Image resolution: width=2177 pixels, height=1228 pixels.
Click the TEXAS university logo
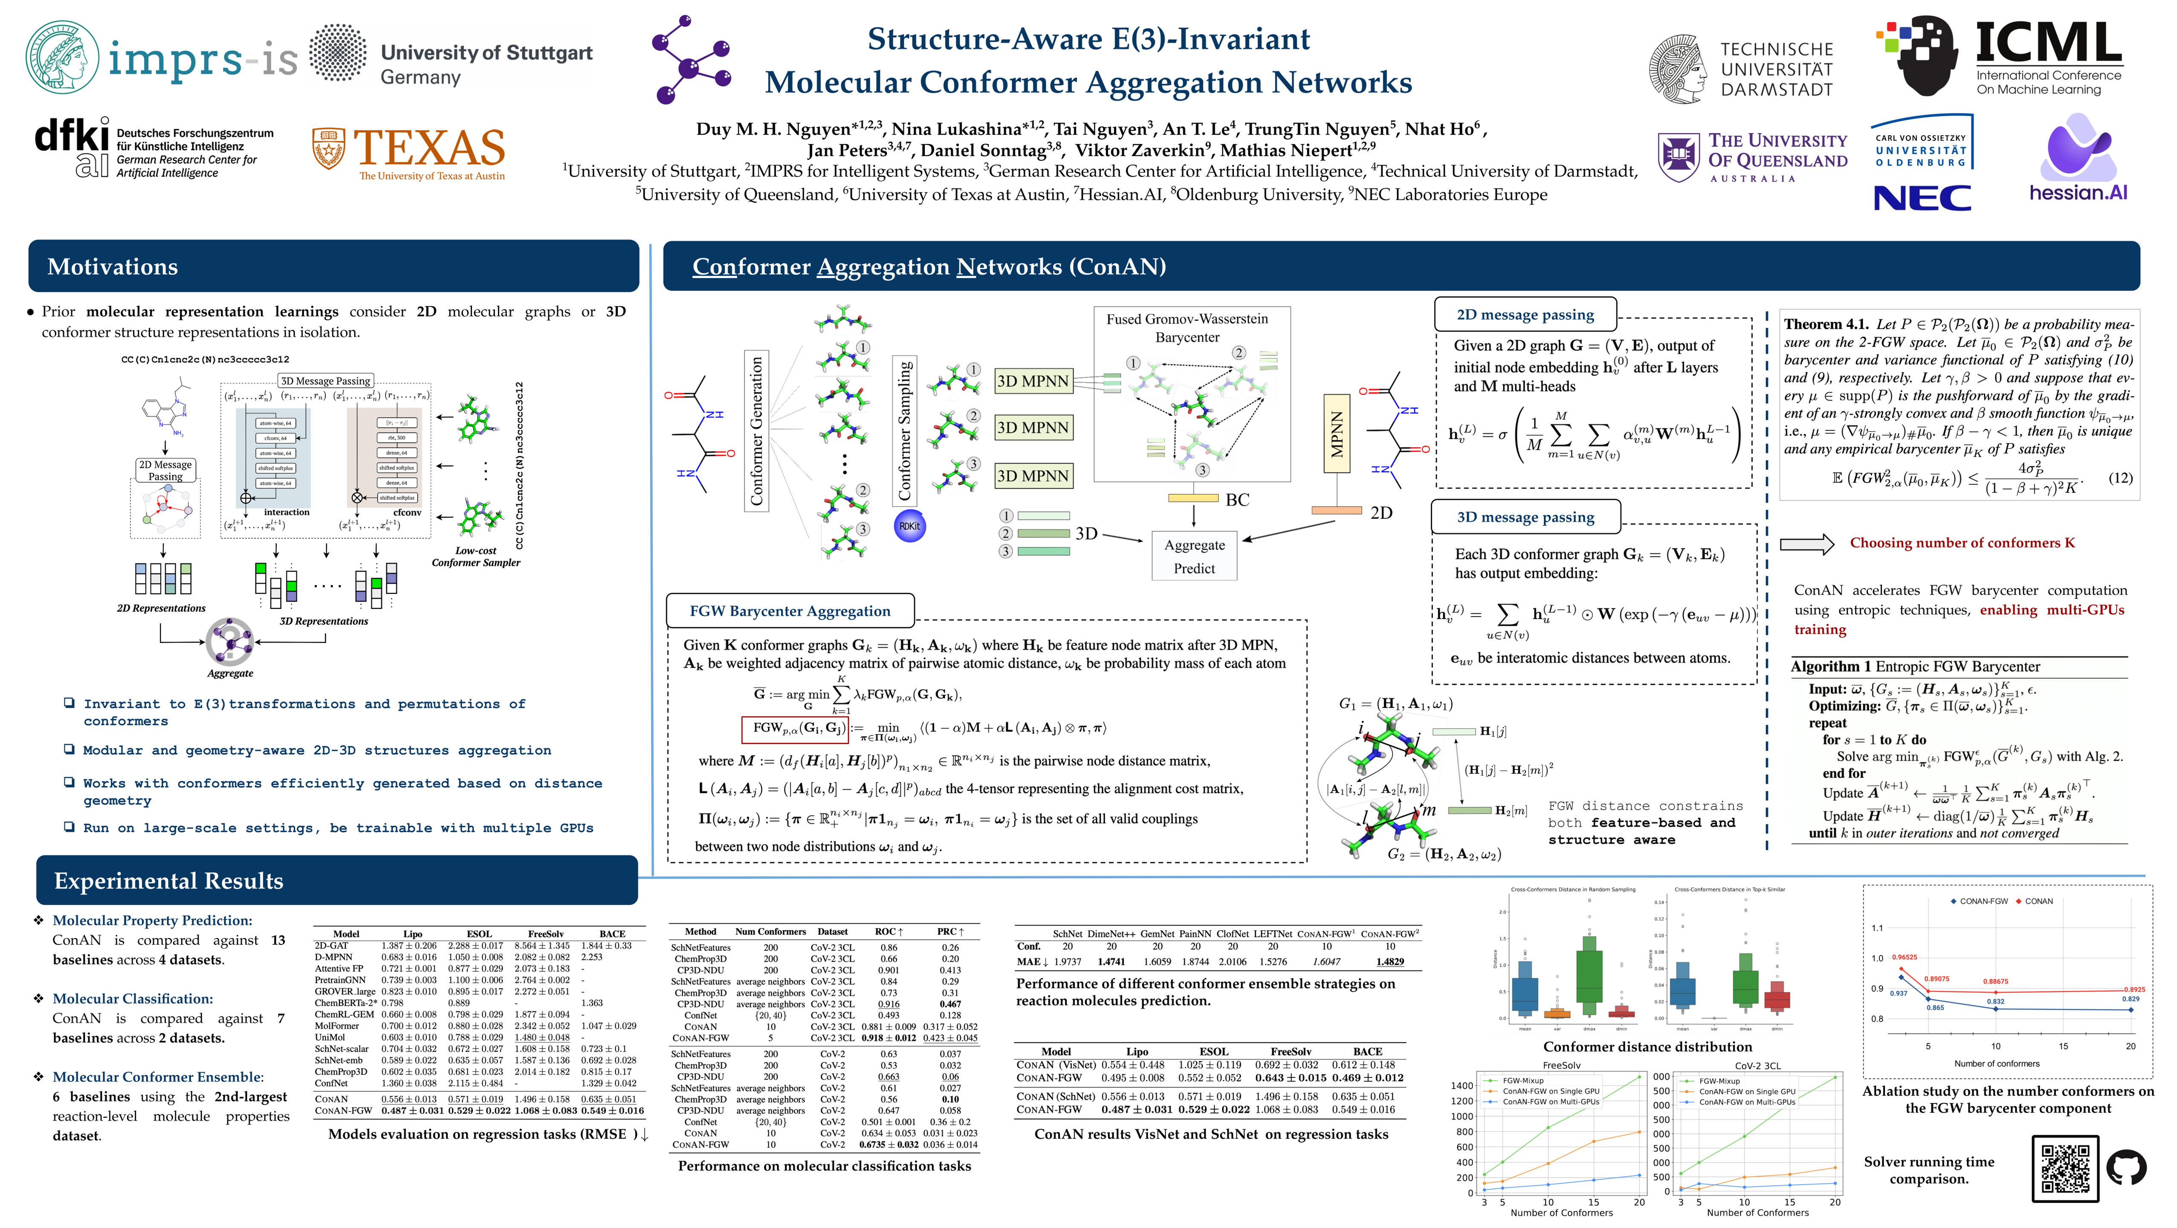click(x=409, y=152)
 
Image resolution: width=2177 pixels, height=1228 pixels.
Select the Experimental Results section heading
click(x=168, y=880)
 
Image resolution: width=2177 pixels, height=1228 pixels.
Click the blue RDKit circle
click(x=909, y=526)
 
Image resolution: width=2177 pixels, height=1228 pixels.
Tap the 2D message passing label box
click(x=1525, y=314)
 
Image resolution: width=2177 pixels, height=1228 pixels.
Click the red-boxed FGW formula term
click(x=793, y=728)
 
